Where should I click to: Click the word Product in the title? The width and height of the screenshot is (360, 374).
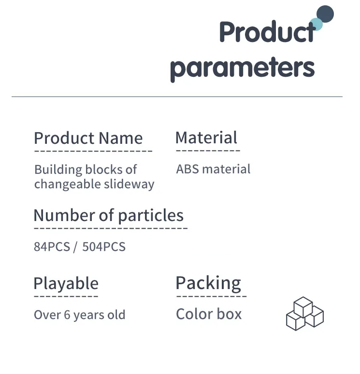(267, 32)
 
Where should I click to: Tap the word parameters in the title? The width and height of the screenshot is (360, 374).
(242, 69)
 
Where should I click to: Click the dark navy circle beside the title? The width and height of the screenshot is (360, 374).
(325, 14)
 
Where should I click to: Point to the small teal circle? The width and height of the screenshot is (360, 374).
(316, 25)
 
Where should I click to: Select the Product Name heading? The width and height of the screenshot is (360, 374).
(88, 139)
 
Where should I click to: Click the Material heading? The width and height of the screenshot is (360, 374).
(206, 138)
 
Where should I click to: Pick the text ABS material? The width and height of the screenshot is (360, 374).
(213, 169)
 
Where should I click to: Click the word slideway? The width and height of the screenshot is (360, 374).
(129, 185)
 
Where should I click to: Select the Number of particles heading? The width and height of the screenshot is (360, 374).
(109, 215)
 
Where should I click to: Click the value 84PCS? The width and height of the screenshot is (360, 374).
(52, 247)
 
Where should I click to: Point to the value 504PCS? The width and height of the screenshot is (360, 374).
(104, 247)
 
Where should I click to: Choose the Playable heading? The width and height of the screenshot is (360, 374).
(66, 283)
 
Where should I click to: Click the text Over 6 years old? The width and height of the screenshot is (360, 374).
(80, 315)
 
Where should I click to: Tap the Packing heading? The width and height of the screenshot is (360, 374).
(208, 283)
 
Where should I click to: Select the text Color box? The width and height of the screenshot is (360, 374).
(209, 314)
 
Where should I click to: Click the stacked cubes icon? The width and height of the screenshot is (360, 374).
(305, 314)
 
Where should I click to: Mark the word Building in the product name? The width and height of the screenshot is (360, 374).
(58, 170)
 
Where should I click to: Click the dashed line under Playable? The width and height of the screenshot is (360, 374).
(66, 296)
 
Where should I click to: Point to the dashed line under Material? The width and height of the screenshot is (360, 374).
(208, 151)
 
